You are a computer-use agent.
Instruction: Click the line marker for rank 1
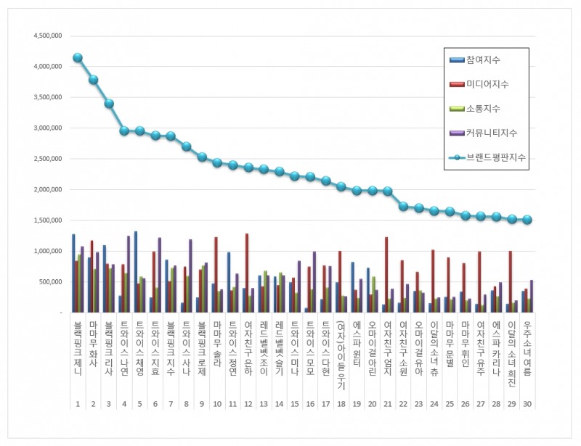78,58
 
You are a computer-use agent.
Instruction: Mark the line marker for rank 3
109,104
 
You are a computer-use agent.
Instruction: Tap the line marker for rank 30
527,220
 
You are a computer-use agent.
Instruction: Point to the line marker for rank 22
403,207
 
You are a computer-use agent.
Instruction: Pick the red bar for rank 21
386,274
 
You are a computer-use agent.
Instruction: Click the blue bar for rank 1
73,273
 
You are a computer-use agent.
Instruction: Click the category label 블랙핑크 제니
78,352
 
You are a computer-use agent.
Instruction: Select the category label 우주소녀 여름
527,352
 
